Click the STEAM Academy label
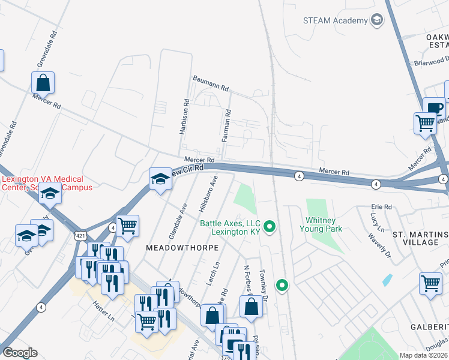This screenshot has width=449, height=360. pos(336,21)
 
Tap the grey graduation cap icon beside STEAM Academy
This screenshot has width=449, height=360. pos(377,20)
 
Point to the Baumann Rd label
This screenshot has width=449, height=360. pos(211,83)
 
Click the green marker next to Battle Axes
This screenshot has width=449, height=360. pos(270,227)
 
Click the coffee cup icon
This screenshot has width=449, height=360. pos(434,109)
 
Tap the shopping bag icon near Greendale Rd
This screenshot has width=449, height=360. pos(43,82)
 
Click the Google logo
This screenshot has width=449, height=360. pos(20,353)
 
